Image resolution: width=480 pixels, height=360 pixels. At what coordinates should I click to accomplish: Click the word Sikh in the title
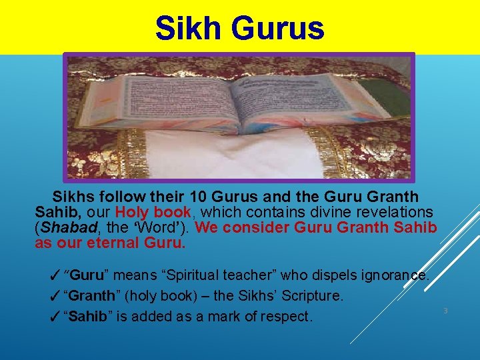[186, 28]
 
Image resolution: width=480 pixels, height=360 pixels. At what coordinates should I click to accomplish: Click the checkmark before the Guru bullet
[56, 275]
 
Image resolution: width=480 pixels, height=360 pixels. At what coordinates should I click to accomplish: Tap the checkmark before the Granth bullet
[56, 295]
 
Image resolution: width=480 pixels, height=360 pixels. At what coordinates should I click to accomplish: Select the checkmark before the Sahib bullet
[56, 316]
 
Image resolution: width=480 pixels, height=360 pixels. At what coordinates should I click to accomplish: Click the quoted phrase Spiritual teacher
[219, 275]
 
